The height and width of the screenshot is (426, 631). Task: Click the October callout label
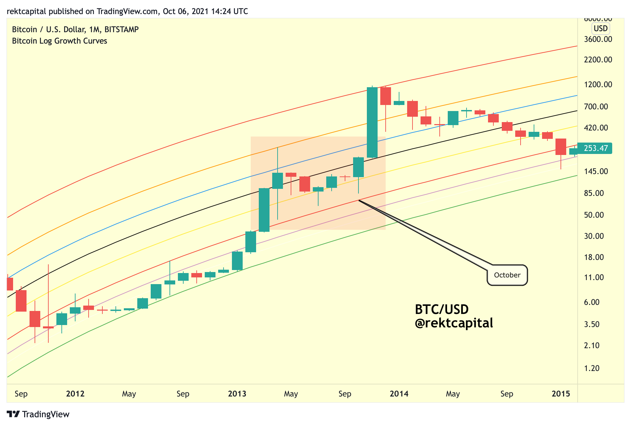pos(507,275)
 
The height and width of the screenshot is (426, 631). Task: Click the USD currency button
pos(600,29)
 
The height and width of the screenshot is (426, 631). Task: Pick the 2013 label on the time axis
pos(237,393)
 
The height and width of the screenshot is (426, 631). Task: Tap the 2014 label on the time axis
pos(399,393)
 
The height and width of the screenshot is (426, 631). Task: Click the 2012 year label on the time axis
pos(75,393)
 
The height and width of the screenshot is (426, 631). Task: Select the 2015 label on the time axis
pos(561,393)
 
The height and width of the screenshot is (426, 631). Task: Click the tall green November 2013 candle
pos(372,122)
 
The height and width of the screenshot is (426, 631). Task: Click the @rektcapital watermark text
pos(454,323)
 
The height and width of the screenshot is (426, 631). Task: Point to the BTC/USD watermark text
pos(442,309)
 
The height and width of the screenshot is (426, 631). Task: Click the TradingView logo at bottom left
pos(38,414)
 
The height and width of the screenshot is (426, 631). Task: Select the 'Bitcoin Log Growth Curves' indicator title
pos(59,41)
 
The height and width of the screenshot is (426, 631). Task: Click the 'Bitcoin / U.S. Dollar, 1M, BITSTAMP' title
pos(75,30)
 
